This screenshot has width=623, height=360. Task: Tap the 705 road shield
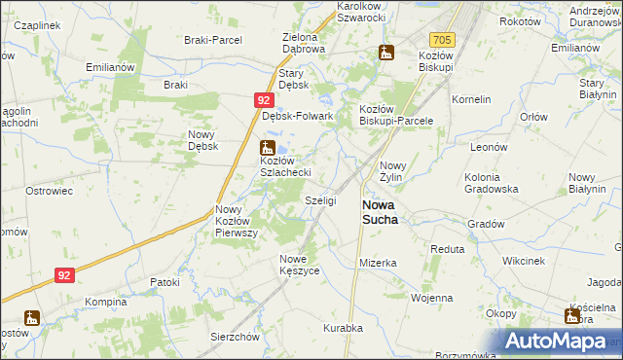point(442,40)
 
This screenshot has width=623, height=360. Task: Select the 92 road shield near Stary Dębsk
point(264,100)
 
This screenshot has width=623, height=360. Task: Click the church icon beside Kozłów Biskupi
point(386,53)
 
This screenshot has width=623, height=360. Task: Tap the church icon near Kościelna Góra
point(571,315)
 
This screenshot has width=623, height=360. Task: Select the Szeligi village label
point(320,200)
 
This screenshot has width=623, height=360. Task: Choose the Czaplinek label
point(35,24)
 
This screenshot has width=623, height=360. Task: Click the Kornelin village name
point(471,99)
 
